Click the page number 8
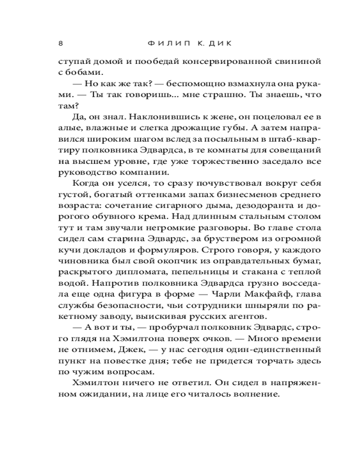coord(61,44)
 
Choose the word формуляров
coord(181,249)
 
